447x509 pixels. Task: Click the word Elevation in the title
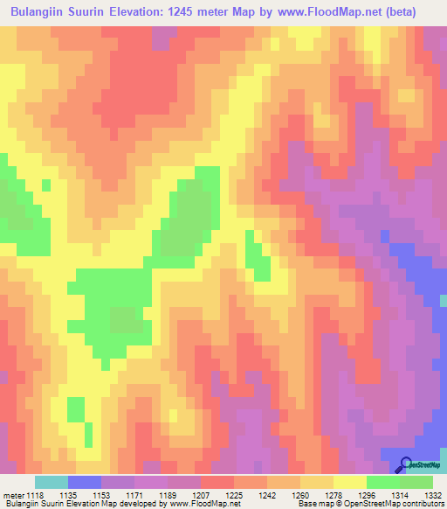[144, 12]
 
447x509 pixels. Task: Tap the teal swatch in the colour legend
[51, 482]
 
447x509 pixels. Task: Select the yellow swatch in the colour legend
[349, 482]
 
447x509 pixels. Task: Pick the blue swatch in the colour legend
[84, 482]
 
